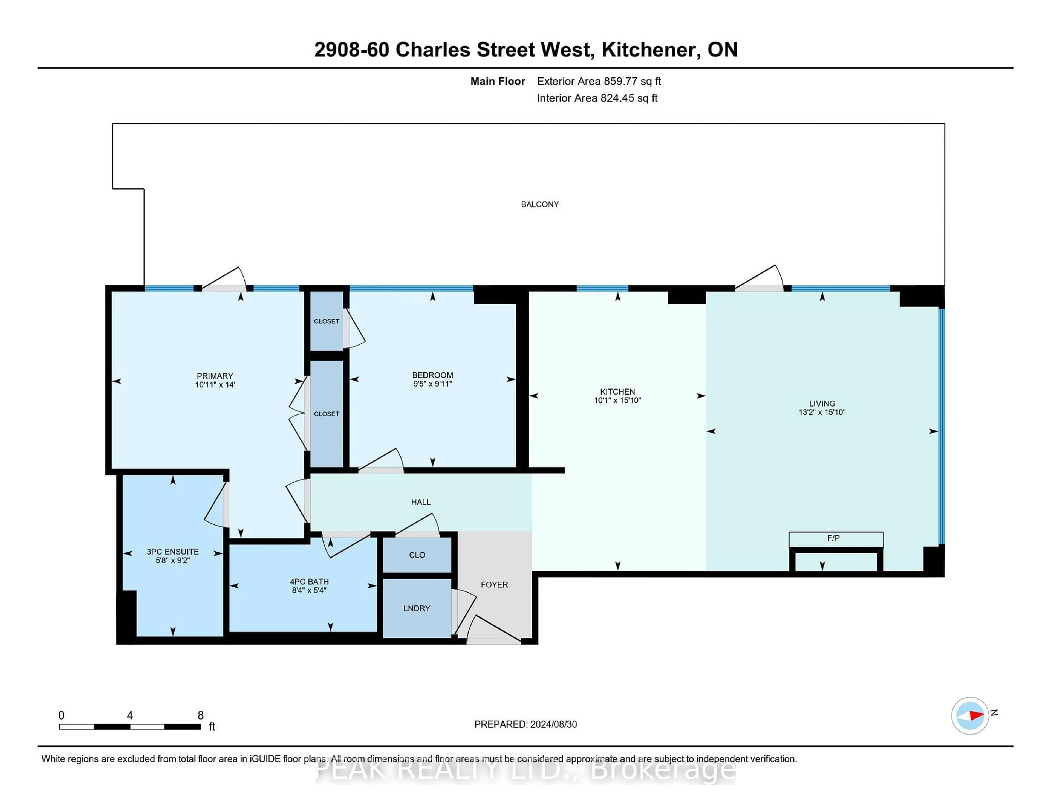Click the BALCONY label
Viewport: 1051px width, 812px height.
click(539, 204)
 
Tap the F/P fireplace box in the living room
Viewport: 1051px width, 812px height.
click(835, 539)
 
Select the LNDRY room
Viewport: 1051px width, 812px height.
click(417, 608)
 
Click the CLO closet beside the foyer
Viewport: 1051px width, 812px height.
click(417, 555)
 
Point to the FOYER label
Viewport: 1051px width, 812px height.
click(494, 584)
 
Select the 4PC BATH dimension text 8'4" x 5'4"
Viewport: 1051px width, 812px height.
click(309, 590)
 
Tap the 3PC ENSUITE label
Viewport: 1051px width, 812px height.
click(172, 552)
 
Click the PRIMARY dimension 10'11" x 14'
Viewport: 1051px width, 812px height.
click(215, 385)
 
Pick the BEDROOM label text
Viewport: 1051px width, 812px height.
click(432, 375)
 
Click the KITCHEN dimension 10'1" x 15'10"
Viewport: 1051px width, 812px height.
click(617, 400)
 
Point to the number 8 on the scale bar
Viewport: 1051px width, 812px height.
click(201, 715)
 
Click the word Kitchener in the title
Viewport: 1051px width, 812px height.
click(651, 50)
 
